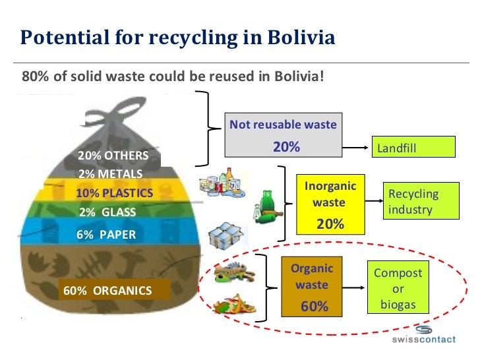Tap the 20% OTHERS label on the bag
(x=119, y=156)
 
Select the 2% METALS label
(x=111, y=174)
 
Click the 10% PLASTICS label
(x=115, y=193)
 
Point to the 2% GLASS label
(x=107, y=212)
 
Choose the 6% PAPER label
(x=106, y=234)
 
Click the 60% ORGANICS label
(x=107, y=290)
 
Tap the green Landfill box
(x=415, y=147)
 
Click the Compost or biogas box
(x=398, y=289)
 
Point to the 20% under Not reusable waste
(x=286, y=147)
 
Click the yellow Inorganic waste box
(x=330, y=204)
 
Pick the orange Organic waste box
(x=313, y=287)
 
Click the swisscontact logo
(x=424, y=336)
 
